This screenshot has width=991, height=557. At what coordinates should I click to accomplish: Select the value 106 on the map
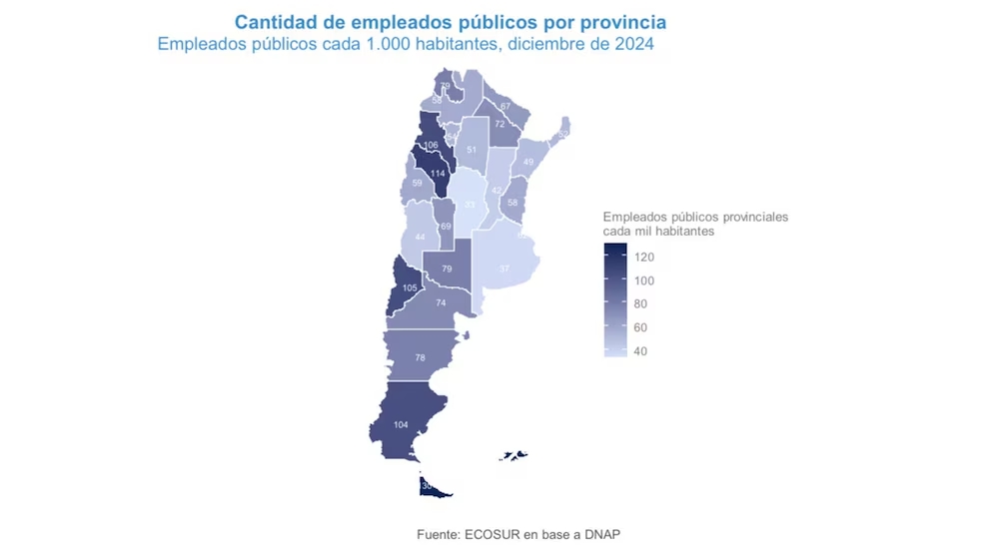tap(431, 145)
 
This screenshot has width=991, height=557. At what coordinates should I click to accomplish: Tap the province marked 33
tap(471, 205)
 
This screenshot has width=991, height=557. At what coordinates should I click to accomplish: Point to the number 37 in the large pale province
tap(504, 269)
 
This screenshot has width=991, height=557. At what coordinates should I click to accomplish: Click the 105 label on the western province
tap(410, 287)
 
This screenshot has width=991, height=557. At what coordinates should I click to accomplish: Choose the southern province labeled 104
tap(400, 425)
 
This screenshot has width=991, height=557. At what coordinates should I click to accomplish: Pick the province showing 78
tap(421, 357)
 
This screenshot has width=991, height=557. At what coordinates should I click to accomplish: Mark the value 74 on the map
tap(441, 302)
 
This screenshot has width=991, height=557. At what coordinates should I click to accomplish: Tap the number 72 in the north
tap(499, 124)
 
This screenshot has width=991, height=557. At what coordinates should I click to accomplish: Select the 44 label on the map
tap(421, 237)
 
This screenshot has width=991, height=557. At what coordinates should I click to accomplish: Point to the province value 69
tap(446, 227)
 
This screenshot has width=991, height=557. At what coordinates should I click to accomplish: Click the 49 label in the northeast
tap(528, 161)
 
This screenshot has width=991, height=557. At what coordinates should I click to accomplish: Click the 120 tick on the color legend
tap(643, 257)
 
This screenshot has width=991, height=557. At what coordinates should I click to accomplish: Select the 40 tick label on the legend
tap(640, 350)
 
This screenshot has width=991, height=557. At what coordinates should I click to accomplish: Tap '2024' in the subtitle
tap(633, 44)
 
